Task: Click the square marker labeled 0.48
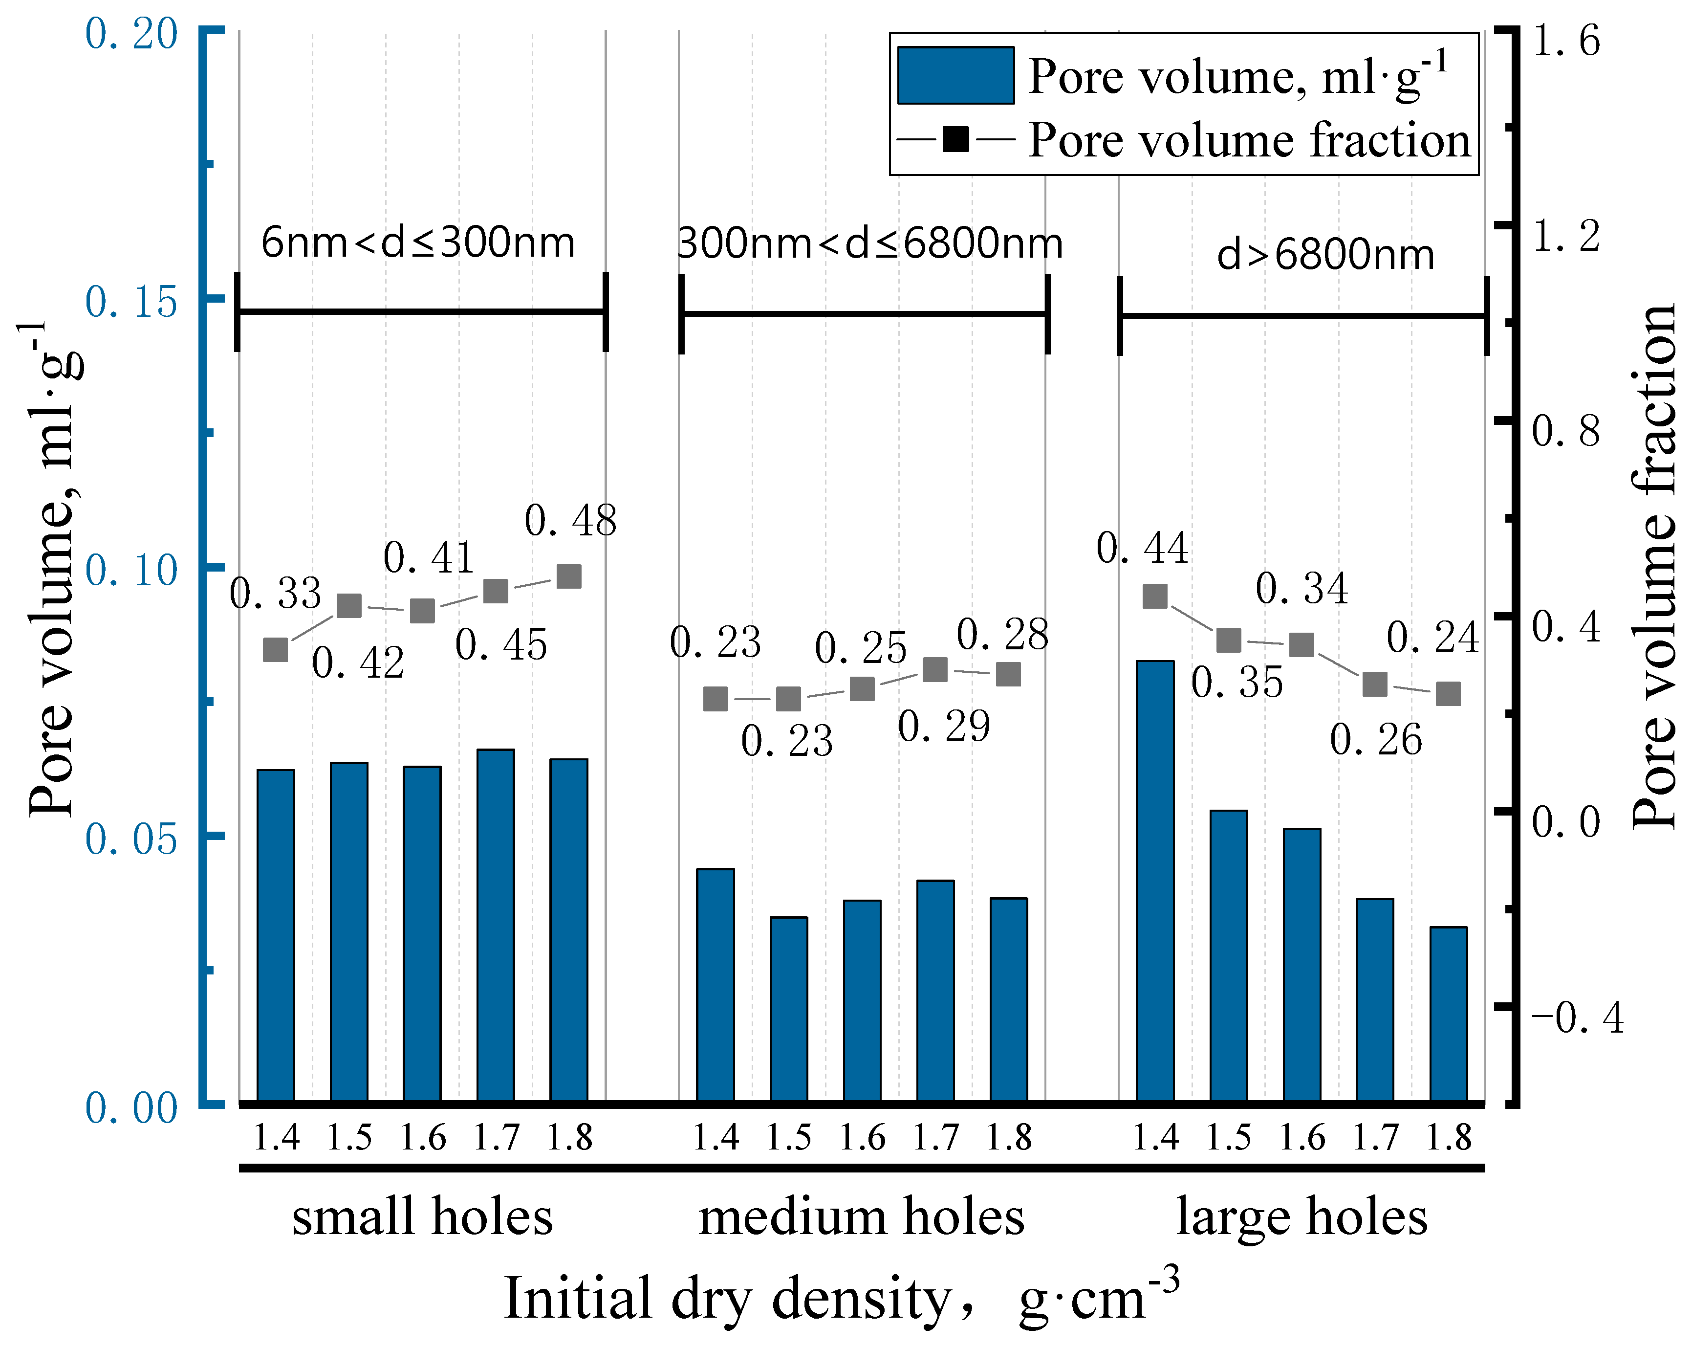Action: click(569, 576)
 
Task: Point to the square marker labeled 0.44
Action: click(1154, 596)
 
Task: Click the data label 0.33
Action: click(276, 594)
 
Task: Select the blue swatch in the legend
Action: click(955, 75)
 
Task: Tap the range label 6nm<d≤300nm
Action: click(417, 243)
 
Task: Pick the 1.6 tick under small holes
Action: click(422, 1138)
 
